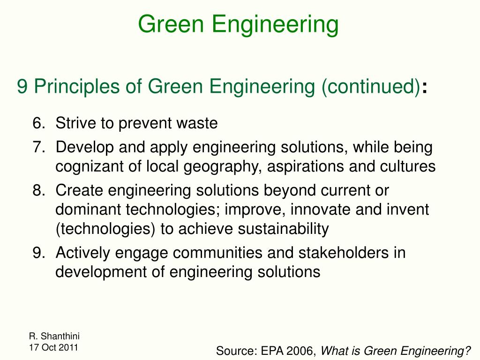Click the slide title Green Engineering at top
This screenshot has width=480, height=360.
click(x=238, y=24)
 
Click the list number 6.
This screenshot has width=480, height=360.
click(x=38, y=124)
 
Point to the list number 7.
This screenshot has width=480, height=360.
click(x=38, y=148)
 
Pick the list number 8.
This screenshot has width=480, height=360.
click(x=38, y=191)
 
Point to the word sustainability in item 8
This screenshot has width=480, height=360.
click(x=284, y=229)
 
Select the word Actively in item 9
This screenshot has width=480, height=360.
click(x=83, y=253)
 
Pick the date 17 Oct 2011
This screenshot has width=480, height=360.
click(x=53, y=347)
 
